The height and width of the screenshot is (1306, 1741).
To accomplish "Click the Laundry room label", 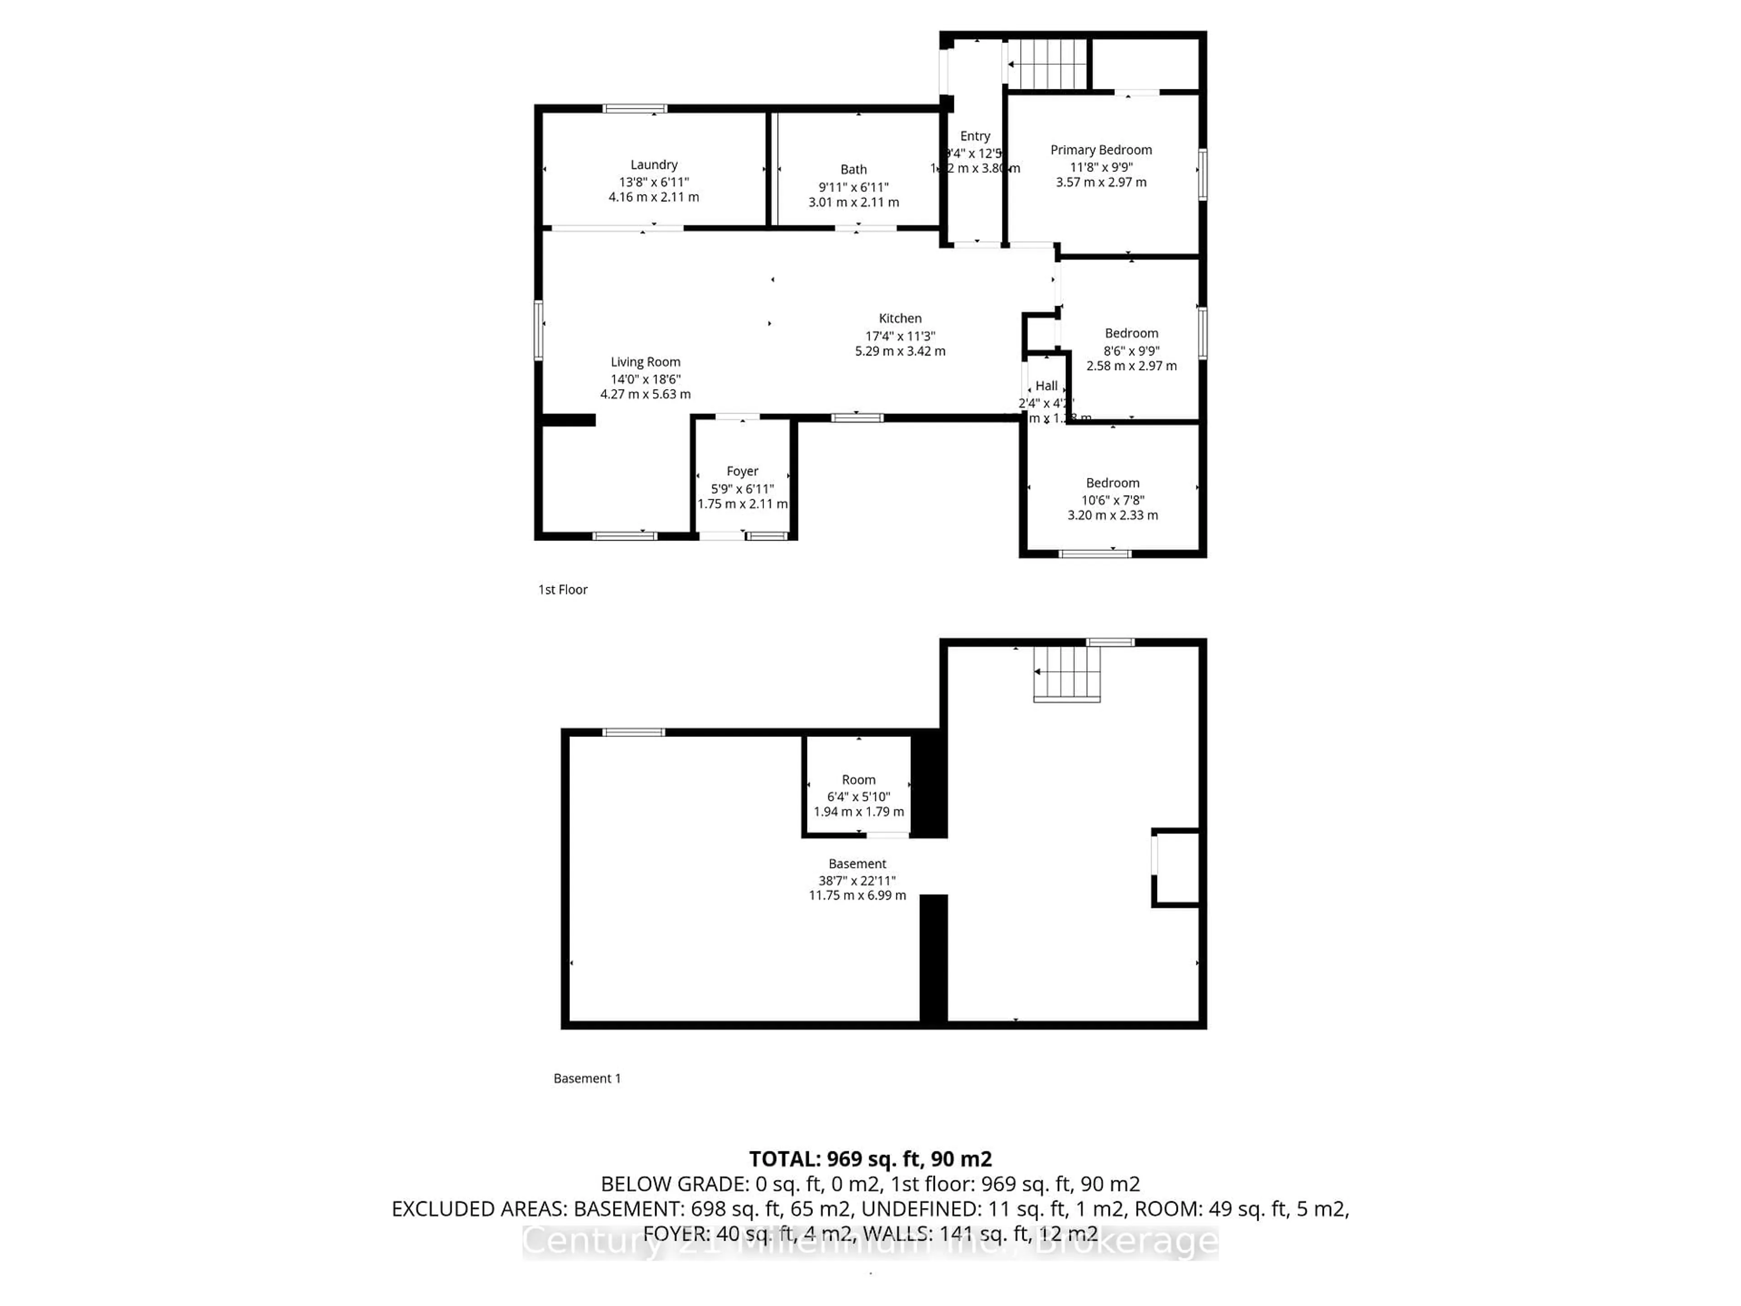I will pos(653,165).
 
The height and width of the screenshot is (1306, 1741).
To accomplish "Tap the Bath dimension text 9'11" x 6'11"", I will pos(853,187).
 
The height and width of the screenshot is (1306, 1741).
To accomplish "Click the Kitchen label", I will pos(900,318).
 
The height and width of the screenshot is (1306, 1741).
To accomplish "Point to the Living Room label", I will pos(646,362).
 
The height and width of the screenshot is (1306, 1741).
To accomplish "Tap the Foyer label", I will pos(742,471).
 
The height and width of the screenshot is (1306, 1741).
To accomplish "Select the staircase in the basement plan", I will pos(1066,673).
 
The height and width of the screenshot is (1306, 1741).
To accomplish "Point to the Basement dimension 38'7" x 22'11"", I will pos(857,880).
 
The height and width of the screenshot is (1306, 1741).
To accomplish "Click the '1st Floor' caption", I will pos(563,590).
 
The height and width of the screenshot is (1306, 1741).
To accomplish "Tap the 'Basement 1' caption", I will pos(587,1078).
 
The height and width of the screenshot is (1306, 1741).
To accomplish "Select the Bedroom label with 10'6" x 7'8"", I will pos(1112,482).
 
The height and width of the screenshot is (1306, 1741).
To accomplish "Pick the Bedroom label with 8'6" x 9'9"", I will pos(1131,333).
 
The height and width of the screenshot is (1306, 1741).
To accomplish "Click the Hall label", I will pos(1046,386).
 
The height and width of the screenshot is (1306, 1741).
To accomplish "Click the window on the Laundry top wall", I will pos(634,109).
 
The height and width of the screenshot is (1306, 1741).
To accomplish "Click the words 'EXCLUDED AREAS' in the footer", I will pos(478,1209).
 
